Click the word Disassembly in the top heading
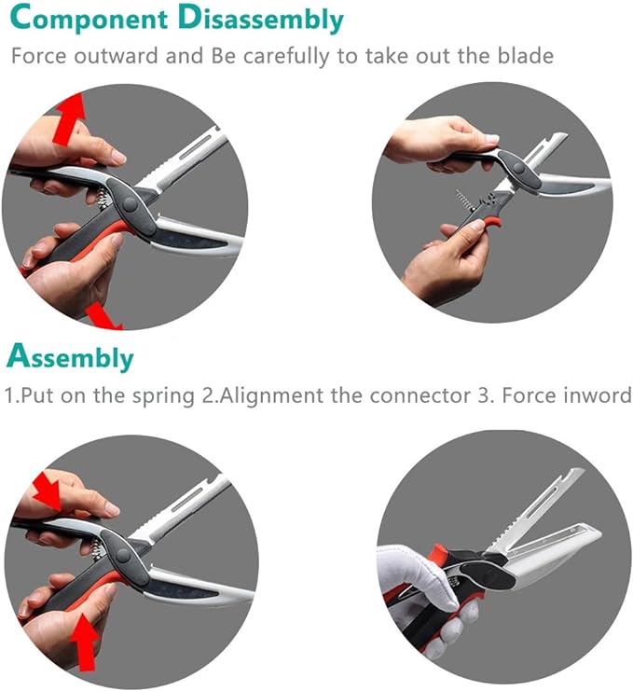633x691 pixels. pos(265,20)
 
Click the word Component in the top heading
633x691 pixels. pos(94,19)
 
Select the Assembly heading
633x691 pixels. pos(71,357)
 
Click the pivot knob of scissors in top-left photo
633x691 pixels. pos(127,201)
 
